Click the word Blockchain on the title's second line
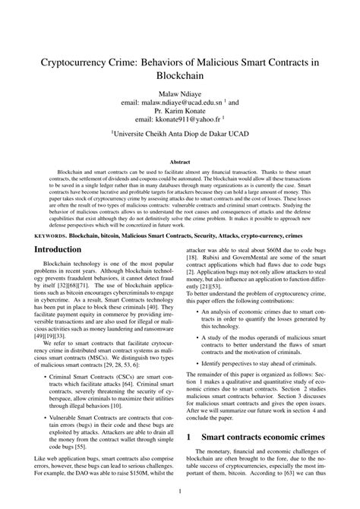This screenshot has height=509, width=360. click(179, 78)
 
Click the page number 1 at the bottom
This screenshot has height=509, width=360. click(180, 492)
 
